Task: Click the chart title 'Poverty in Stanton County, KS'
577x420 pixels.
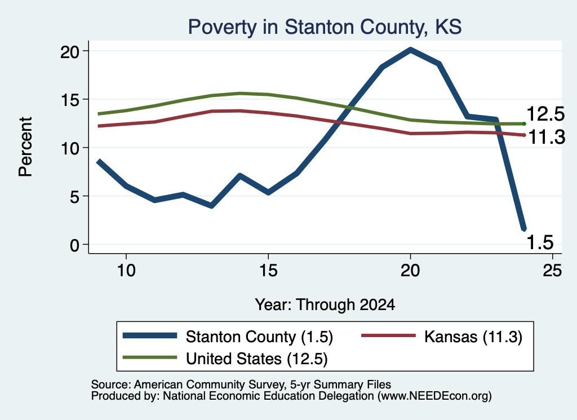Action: coord(325,27)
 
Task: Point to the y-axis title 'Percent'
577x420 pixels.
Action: coord(26,147)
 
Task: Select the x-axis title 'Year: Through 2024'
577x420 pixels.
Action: coord(325,305)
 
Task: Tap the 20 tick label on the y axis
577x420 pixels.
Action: coord(70,52)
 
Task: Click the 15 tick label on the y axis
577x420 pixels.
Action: coord(70,100)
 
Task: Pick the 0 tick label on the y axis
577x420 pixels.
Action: coord(75,245)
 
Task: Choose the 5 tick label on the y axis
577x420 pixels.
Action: coord(75,197)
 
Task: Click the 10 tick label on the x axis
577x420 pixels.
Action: coord(126,271)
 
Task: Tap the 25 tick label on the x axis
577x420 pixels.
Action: coord(552,271)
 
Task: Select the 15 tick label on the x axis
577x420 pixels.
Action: coord(268,271)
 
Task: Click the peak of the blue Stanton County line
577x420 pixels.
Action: coord(410,50)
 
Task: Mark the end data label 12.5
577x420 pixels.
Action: coord(545,114)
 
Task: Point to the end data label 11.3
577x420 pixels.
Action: coord(547,138)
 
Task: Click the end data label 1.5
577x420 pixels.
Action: coord(540,242)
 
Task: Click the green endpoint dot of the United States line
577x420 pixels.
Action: coord(524,123)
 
